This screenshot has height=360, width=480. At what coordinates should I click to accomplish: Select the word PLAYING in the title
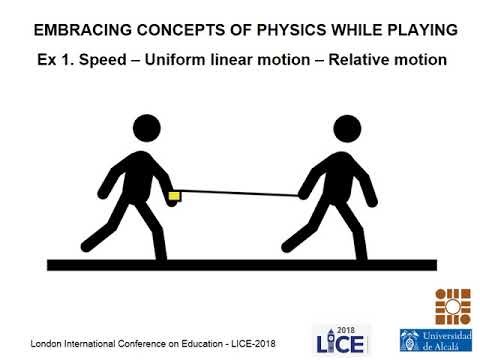[x=419, y=29]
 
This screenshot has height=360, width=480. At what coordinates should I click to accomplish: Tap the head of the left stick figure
[x=146, y=127]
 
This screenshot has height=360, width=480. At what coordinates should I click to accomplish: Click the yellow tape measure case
[x=174, y=195]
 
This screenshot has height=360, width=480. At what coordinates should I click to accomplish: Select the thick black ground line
[x=240, y=264]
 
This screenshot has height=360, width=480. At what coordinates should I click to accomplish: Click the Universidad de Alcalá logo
[x=437, y=340]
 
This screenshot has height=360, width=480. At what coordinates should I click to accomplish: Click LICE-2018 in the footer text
[x=247, y=344]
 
